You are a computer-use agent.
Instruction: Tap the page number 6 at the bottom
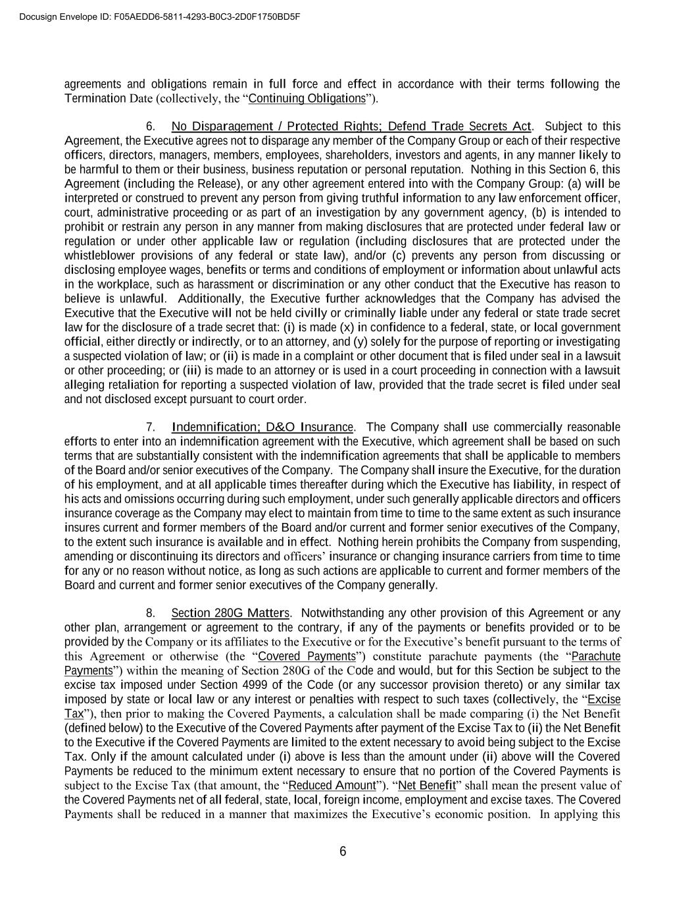coord(343,852)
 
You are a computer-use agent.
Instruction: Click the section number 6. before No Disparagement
coord(151,126)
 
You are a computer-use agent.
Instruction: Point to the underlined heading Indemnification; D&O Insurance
coord(262,427)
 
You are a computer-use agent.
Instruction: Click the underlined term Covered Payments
coord(307,657)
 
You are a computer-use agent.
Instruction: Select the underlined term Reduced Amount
coord(332,786)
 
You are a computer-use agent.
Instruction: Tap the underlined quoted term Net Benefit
coord(427,786)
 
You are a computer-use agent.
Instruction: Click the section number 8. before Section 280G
coord(151,614)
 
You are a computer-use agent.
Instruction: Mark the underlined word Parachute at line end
coord(596,657)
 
